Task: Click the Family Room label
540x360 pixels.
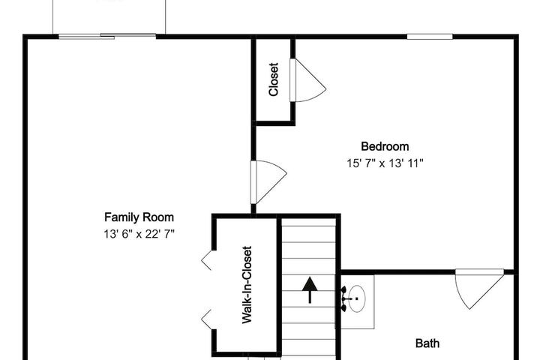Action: click(139, 217)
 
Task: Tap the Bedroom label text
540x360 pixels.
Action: click(385, 146)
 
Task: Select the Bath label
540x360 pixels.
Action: click(427, 343)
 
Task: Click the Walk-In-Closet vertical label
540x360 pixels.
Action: click(247, 284)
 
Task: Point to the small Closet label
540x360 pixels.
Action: click(273, 79)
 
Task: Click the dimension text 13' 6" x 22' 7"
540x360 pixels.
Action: click(139, 234)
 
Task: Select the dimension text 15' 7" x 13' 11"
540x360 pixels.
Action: click(385, 163)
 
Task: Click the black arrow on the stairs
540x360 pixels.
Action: click(310, 289)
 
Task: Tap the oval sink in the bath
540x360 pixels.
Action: click(357, 298)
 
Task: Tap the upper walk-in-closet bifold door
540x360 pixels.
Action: click(207, 260)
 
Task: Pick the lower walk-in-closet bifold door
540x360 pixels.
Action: click(207, 319)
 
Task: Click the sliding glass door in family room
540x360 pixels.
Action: click(107, 36)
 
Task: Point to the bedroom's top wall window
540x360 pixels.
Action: click(430, 37)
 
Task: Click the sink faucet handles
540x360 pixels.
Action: click(343, 298)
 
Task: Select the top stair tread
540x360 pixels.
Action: click(309, 222)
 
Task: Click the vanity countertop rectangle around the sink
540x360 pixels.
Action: click(355, 301)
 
